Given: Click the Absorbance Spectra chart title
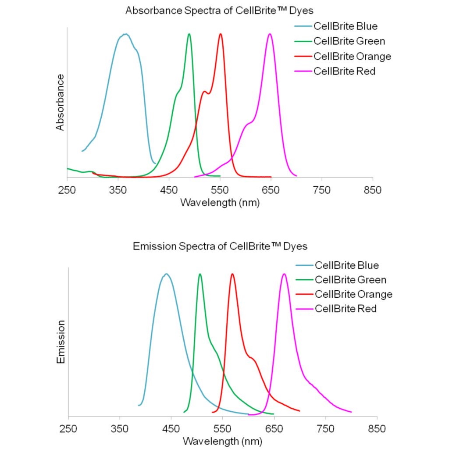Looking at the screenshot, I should coord(220,11).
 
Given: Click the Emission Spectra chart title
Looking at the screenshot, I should coord(220,246).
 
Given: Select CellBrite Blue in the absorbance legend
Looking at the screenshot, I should coord(345,26).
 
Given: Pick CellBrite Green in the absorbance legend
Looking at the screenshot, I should coord(349,41).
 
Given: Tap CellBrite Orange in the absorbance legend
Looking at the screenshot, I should coord(352,56).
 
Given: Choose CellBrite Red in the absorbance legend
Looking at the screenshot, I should coord(344,71).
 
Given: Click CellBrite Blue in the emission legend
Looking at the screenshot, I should coord(346,265).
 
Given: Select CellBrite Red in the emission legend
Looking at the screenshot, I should coord(346,309).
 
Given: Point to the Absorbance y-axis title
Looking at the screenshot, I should coord(60,102).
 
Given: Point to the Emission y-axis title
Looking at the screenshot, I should coord(61,342).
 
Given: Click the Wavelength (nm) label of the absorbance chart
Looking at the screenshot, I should coord(220,203).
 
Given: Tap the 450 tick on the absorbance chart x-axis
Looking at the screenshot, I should coord(169,190).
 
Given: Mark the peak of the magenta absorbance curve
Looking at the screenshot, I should coord(270,34).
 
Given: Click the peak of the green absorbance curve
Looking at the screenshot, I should coord(189,34).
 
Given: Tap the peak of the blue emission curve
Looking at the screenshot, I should coord(166,274).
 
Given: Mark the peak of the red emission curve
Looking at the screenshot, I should coord(232,274).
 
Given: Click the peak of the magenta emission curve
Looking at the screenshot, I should coord(284,274).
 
